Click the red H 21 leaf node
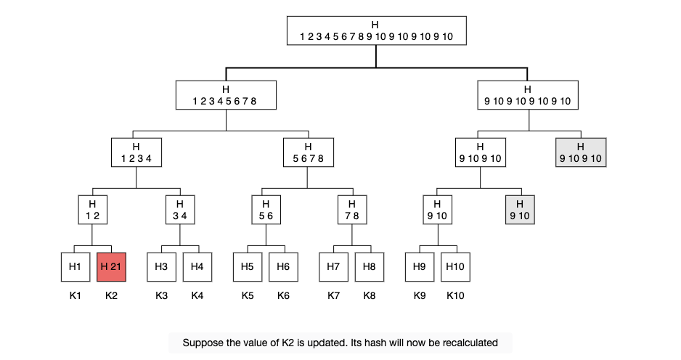pos(111,267)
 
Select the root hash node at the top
pos(377,30)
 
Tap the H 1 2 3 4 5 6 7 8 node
pos(226,95)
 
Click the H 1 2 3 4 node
pos(136,152)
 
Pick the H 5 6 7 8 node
pos(309,152)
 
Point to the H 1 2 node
pos(92,210)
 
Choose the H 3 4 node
pos(180,210)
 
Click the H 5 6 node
pos(266,210)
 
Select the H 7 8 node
pos(352,210)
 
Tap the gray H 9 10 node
pos(520,210)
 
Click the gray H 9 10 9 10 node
pos(581,152)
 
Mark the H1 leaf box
pos(76,267)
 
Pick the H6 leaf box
pos(283,267)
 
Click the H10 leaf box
pos(455,267)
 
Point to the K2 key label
pos(111,295)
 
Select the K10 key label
pos(455,295)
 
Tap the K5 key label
pos(248,295)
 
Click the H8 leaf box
pos(369,267)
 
